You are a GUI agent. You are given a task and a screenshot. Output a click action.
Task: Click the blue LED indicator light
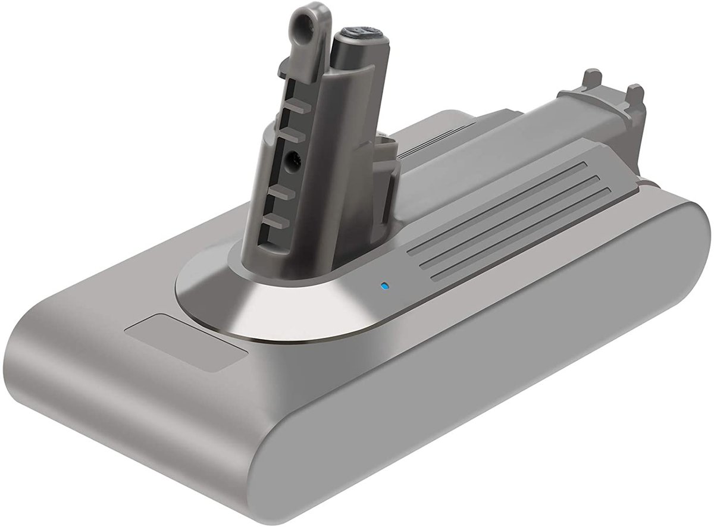(x=384, y=286)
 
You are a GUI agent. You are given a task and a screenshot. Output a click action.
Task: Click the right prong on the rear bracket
(x=635, y=93)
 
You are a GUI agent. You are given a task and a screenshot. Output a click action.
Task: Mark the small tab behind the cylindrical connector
(x=386, y=161)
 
